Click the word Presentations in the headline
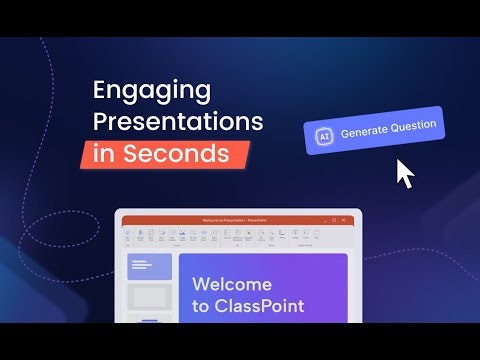click(178, 123)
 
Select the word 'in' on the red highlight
click(103, 154)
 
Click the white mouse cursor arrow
click(404, 174)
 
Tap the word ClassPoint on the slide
click(259, 306)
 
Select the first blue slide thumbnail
click(150, 266)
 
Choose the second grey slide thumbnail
click(150, 297)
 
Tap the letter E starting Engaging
click(100, 90)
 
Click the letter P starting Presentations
click(100, 122)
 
